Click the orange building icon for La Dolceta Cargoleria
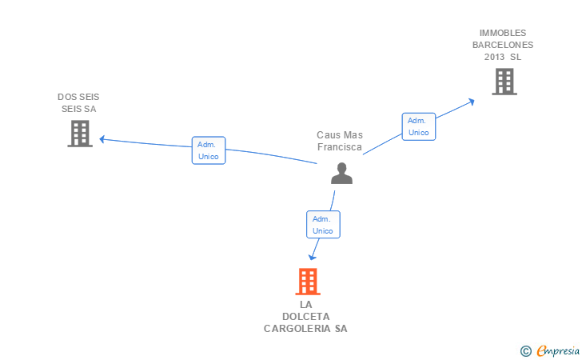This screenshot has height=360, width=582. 308,282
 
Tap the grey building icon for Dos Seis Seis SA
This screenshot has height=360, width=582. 80,134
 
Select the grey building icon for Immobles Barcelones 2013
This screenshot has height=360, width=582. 504,82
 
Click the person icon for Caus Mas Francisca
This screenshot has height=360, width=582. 341,174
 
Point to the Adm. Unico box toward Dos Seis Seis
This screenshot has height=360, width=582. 209,150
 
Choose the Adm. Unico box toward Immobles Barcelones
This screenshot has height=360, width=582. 419,126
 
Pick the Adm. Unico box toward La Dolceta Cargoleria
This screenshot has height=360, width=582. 323,224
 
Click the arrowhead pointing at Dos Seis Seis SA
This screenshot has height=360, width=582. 102,139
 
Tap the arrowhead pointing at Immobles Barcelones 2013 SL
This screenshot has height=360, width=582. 472,101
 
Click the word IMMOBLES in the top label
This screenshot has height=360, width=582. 503,33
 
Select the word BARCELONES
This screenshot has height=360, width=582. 503,45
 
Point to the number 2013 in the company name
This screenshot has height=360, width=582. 495,57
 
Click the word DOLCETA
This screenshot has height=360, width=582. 305,316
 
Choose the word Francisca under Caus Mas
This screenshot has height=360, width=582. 340,147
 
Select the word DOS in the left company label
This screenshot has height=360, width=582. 66,97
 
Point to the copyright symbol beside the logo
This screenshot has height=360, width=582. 526,350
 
